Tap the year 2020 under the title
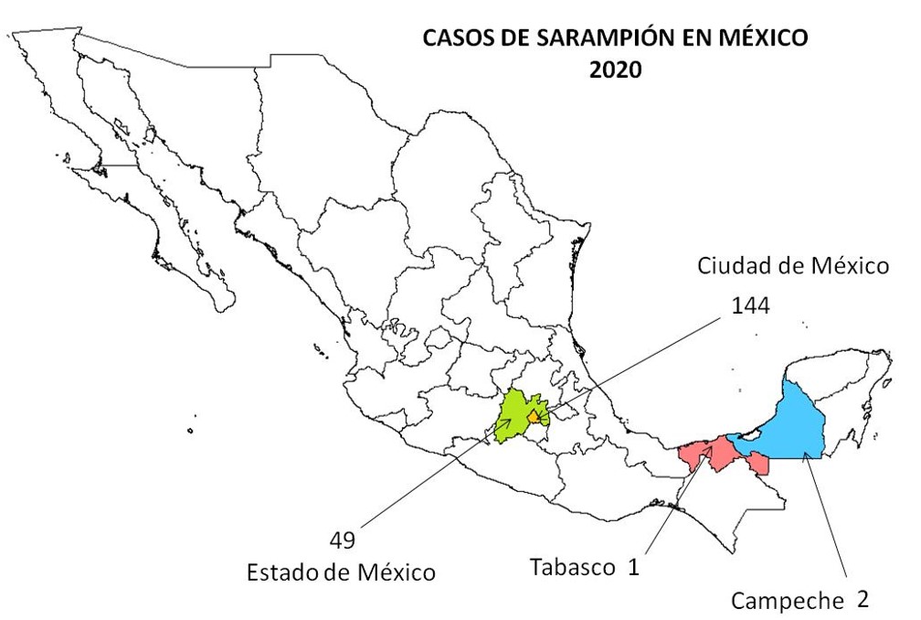615,70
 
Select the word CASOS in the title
454,39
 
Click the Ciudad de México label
793,267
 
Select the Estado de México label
341,573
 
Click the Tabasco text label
573,567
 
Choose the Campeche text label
787,601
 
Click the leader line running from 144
640,361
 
